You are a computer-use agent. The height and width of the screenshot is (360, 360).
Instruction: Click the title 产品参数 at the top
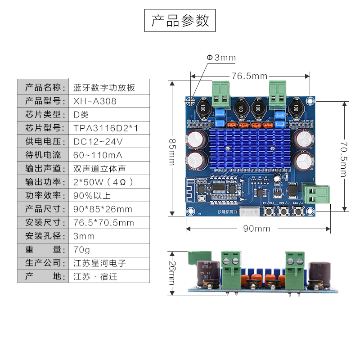pyautogui.click(x=180, y=21)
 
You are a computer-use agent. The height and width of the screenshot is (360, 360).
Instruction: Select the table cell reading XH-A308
pyautogui.click(x=95, y=101)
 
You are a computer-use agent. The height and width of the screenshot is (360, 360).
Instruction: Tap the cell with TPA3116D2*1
pyautogui.click(x=106, y=128)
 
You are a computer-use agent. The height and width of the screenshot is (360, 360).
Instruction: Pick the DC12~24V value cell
pyautogui.click(x=98, y=142)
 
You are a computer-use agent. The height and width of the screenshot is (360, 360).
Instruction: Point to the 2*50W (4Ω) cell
pyautogui.click(x=103, y=182)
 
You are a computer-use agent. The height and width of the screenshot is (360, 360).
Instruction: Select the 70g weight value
pyautogui.click(x=81, y=249)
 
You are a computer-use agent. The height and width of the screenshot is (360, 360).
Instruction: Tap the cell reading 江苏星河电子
pyautogui.click(x=99, y=263)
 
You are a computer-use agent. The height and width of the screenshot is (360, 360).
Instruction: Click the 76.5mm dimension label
pyautogui.click(x=249, y=76)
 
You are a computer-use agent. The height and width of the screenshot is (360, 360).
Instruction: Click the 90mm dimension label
pyautogui.click(x=256, y=229)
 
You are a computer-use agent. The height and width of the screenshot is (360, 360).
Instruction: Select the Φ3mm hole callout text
pyautogui.click(x=221, y=58)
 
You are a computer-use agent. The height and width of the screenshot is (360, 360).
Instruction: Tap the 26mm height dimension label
pyautogui.click(x=171, y=273)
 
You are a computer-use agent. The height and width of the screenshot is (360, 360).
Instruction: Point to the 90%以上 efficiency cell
pyautogui.click(x=91, y=196)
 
